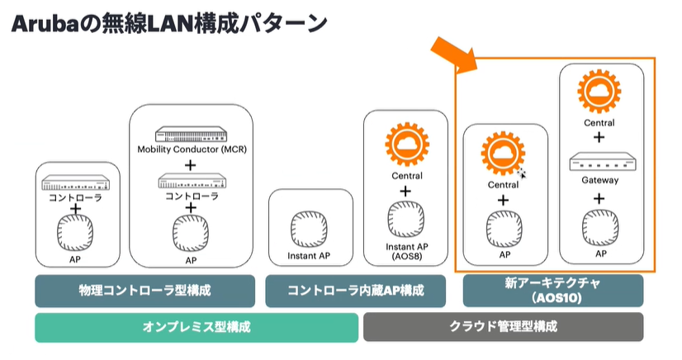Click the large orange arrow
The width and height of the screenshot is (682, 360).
pyautogui.click(x=455, y=55)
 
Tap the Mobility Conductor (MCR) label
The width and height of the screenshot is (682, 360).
pyautogui.click(x=192, y=149)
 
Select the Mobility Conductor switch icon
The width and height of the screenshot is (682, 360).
pyautogui.click(x=192, y=134)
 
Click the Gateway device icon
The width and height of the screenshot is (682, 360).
pyautogui.click(x=603, y=162)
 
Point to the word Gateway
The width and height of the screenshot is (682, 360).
pyautogui.click(x=600, y=180)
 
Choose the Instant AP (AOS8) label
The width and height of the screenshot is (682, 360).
pyautogui.click(x=407, y=251)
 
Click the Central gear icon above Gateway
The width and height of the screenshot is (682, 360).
pyautogui.click(x=599, y=92)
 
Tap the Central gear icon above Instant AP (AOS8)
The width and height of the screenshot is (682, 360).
pyautogui.click(x=407, y=144)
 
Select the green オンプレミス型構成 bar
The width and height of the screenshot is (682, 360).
pyautogui.click(x=197, y=327)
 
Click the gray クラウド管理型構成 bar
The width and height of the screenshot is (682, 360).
pyautogui.click(x=503, y=326)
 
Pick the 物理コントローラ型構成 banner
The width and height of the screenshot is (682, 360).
pyautogui.click(x=144, y=291)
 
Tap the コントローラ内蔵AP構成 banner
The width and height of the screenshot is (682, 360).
pyautogui.click(x=355, y=291)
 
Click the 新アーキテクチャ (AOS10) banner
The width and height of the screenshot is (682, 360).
pyautogui.click(x=553, y=290)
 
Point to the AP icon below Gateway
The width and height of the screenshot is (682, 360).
pyautogui.click(x=600, y=227)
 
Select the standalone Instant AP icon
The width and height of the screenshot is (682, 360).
pyautogui.click(x=309, y=230)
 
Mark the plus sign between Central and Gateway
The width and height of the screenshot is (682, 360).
pyautogui.click(x=599, y=137)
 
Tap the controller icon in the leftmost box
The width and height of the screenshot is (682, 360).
pyautogui.click(x=76, y=183)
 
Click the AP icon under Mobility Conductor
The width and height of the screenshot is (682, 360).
pyautogui.click(x=191, y=234)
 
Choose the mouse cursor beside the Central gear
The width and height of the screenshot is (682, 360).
pyautogui.click(x=522, y=173)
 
